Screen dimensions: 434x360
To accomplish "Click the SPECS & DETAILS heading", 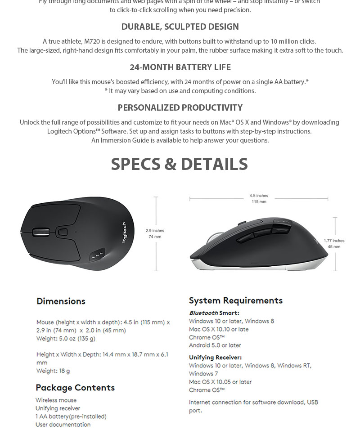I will [x=180, y=164].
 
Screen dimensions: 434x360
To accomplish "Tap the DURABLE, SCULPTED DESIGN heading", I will [x=180, y=27].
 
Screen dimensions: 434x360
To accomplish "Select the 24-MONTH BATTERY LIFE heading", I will [x=180, y=67].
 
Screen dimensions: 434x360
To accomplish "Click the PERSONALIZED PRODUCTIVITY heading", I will [x=180, y=107].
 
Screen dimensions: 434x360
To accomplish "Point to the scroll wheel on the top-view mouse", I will [x=40, y=232].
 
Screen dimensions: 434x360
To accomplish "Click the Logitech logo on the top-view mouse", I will [x=125, y=233].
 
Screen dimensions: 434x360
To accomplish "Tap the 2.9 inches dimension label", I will [x=155, y=231].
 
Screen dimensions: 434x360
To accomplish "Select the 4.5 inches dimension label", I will [x=259, y=196].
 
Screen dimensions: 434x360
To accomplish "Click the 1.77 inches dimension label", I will [x=334, y=241].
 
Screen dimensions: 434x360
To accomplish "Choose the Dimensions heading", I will [x=61, y=301].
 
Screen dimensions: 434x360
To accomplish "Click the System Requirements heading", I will [x=236, y=300].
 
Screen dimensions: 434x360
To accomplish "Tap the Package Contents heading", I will [x=75, y=388].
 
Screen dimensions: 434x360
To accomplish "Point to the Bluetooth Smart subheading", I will [x=214, y=313].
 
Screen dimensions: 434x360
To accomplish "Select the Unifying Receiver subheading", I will [x=215, y=357].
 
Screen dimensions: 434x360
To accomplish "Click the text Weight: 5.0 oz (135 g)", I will [x=66, y=339].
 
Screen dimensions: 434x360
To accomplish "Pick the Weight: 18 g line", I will [x=53, y=371].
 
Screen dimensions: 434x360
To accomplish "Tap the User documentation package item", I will [x=63, y=425].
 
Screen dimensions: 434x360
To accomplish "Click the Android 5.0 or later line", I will [x=215, y=345].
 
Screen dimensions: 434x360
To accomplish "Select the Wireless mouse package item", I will [x=56, y=400].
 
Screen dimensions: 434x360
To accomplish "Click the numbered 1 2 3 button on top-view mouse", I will [x=98, y=255].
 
